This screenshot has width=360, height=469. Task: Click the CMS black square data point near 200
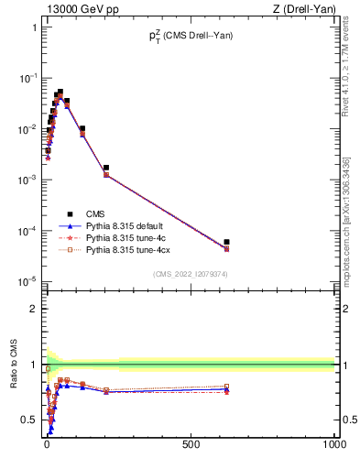click(x=106, y=169)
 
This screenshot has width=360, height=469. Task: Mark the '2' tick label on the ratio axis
click(x=34, y=309)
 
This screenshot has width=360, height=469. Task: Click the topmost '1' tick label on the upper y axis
click(x=34, y=27)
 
